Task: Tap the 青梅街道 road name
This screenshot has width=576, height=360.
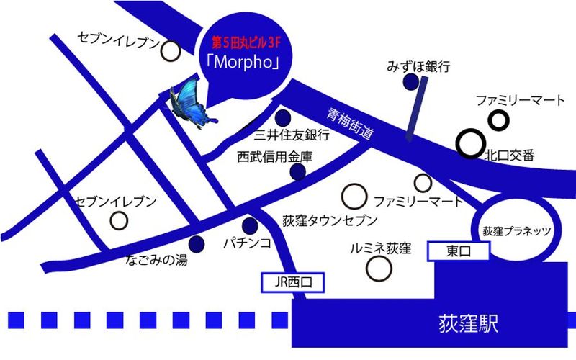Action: pyautogui.click(x=348, y=123)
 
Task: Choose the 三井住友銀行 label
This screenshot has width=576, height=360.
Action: pyautogui.click(x=292, y=135)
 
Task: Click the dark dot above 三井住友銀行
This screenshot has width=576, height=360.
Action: pyautogui.click(x=286, y=117)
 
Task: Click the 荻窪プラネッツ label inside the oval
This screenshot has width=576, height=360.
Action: pyautogui.click(x=516, y=230)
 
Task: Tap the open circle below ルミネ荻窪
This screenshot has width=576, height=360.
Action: pyautogui.click(x=377, y=269)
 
